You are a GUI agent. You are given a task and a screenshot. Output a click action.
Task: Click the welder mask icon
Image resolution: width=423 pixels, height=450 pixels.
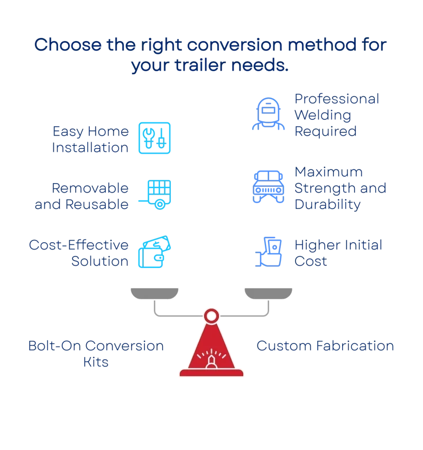(x=268, y=113)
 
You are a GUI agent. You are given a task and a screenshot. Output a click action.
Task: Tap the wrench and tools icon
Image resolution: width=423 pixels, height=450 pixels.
(x=155, y=138)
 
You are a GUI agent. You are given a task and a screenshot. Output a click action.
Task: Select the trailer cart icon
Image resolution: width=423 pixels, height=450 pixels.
(x=155, y=195)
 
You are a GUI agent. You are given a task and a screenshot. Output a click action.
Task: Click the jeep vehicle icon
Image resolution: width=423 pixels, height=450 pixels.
(x=268, y=187)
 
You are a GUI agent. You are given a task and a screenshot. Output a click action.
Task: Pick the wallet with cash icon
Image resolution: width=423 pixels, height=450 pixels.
(x=155, y=252)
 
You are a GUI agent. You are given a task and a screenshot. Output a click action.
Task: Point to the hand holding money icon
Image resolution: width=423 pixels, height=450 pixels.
(x=268, y=252)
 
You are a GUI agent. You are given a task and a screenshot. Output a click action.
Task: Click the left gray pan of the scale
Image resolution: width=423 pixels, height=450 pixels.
(x=154, y=293)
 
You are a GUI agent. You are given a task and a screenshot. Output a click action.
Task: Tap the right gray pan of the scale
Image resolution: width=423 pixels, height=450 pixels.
(x=268, y=293)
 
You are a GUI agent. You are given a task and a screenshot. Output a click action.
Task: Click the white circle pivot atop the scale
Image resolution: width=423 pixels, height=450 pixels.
(x=212, y=316)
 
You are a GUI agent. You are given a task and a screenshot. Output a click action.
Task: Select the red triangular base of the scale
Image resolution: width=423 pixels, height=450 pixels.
(x=212, y=351)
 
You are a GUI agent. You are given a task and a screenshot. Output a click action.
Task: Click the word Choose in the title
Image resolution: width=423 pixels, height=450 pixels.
(x=68, y=45)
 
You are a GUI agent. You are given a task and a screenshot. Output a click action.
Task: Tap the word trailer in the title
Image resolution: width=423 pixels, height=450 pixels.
(x=200, y=65)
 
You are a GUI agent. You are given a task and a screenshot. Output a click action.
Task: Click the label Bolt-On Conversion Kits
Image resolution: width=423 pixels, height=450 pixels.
(x=96, y=354)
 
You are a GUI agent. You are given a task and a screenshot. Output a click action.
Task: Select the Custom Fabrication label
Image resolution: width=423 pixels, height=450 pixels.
(x=325, y=346)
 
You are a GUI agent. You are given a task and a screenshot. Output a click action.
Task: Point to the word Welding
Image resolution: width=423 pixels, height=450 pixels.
(x=323, y=115)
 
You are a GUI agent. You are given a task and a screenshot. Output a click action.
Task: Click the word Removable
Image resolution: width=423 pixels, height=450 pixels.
(x=90, y=188)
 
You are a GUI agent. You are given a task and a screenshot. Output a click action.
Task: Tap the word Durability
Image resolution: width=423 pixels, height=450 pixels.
(x=327, y=205)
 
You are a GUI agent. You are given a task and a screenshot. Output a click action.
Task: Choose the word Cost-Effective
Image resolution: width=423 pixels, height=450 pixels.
(x=79, y=245)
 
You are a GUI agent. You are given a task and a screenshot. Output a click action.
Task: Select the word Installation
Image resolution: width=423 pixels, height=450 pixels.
(x=90, y=148)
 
